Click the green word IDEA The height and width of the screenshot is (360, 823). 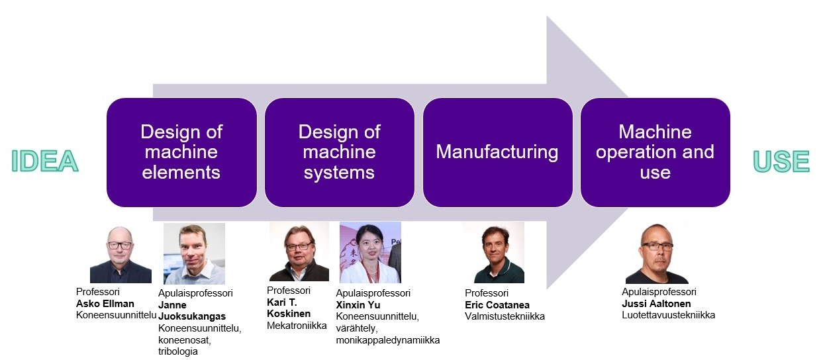click(44, 161)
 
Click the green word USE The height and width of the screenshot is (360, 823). click(781, 161)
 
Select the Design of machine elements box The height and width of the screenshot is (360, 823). click(181, 152)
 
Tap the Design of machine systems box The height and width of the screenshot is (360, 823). click(339, 152)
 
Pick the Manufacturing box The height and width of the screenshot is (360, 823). click(497, 152)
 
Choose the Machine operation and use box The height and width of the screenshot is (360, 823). click(655, 152)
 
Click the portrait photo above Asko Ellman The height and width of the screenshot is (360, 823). click(120, 255)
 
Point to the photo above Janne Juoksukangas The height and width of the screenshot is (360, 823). click(194, 253)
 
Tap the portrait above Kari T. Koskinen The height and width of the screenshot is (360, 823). click(299, 252)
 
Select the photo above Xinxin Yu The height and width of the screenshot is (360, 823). click(370, 252)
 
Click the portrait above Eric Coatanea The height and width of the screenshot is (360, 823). click(493, 253)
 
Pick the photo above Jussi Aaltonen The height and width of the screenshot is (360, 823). click(657, 253)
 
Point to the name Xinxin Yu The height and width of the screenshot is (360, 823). click(358, 305)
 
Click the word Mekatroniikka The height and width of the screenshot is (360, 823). click(297, 326)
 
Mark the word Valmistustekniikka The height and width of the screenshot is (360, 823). click(505, 316)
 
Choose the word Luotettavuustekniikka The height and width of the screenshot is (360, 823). click(668, 315)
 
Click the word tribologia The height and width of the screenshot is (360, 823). click(178, 351)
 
